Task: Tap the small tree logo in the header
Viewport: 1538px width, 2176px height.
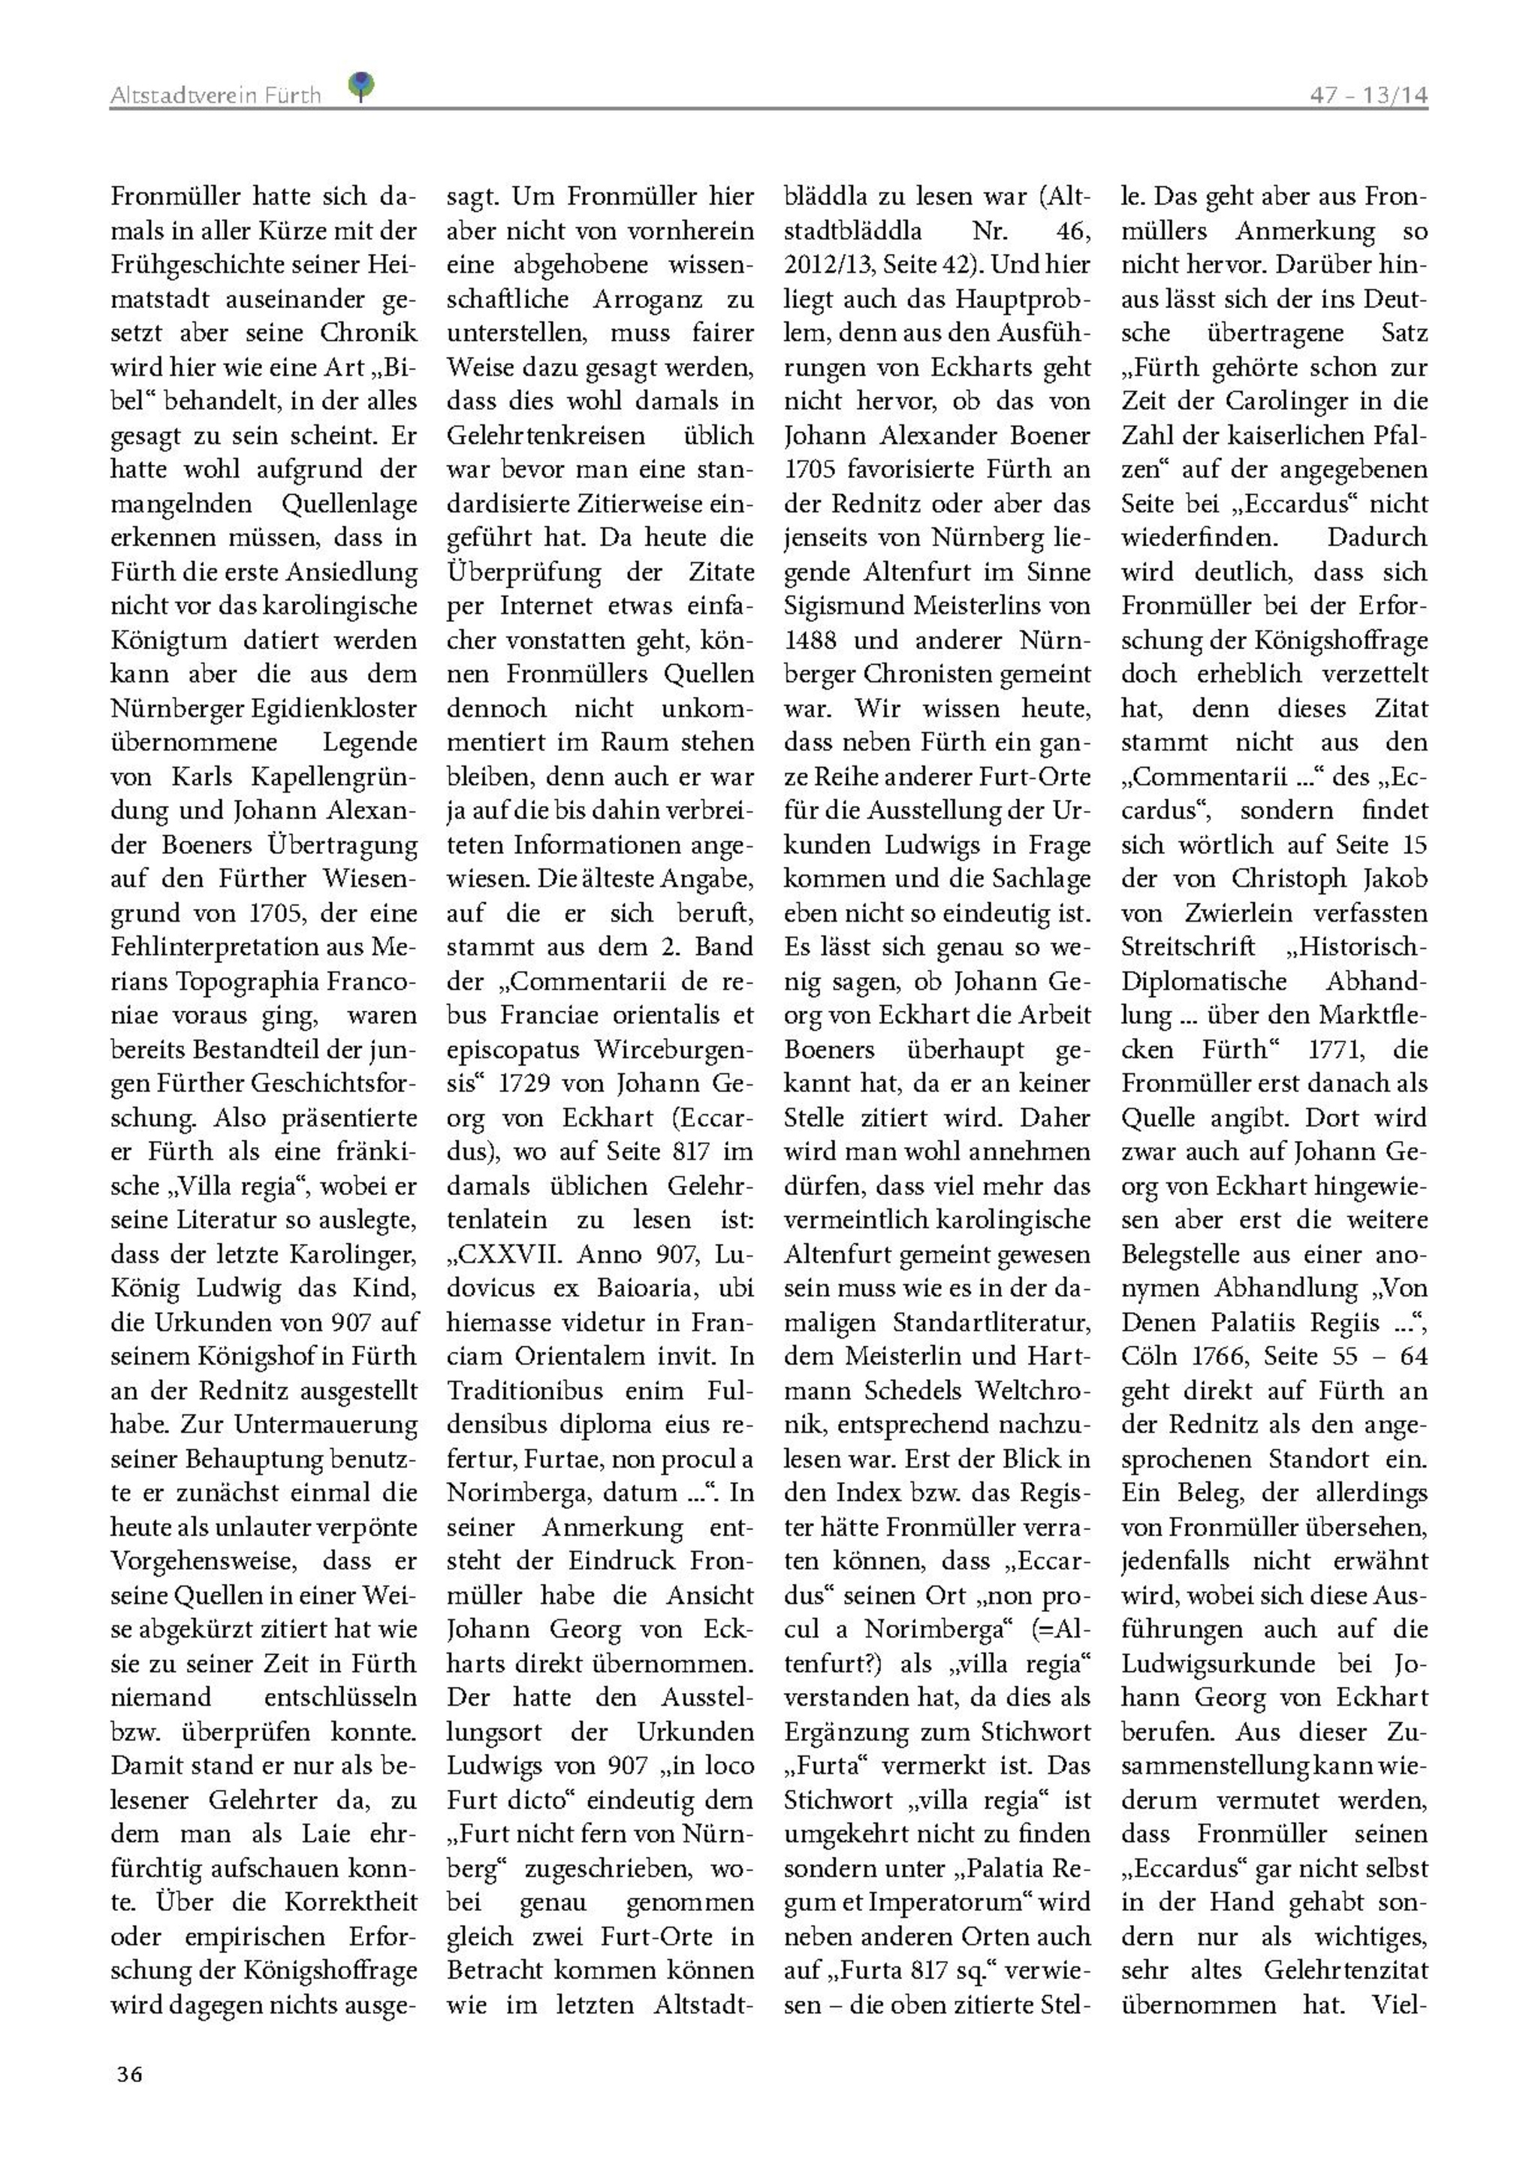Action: (x=361, y=87)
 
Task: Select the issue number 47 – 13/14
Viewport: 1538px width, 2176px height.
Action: (x=1368, y=95)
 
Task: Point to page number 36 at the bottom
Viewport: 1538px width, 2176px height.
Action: (x=130, y=2074)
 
